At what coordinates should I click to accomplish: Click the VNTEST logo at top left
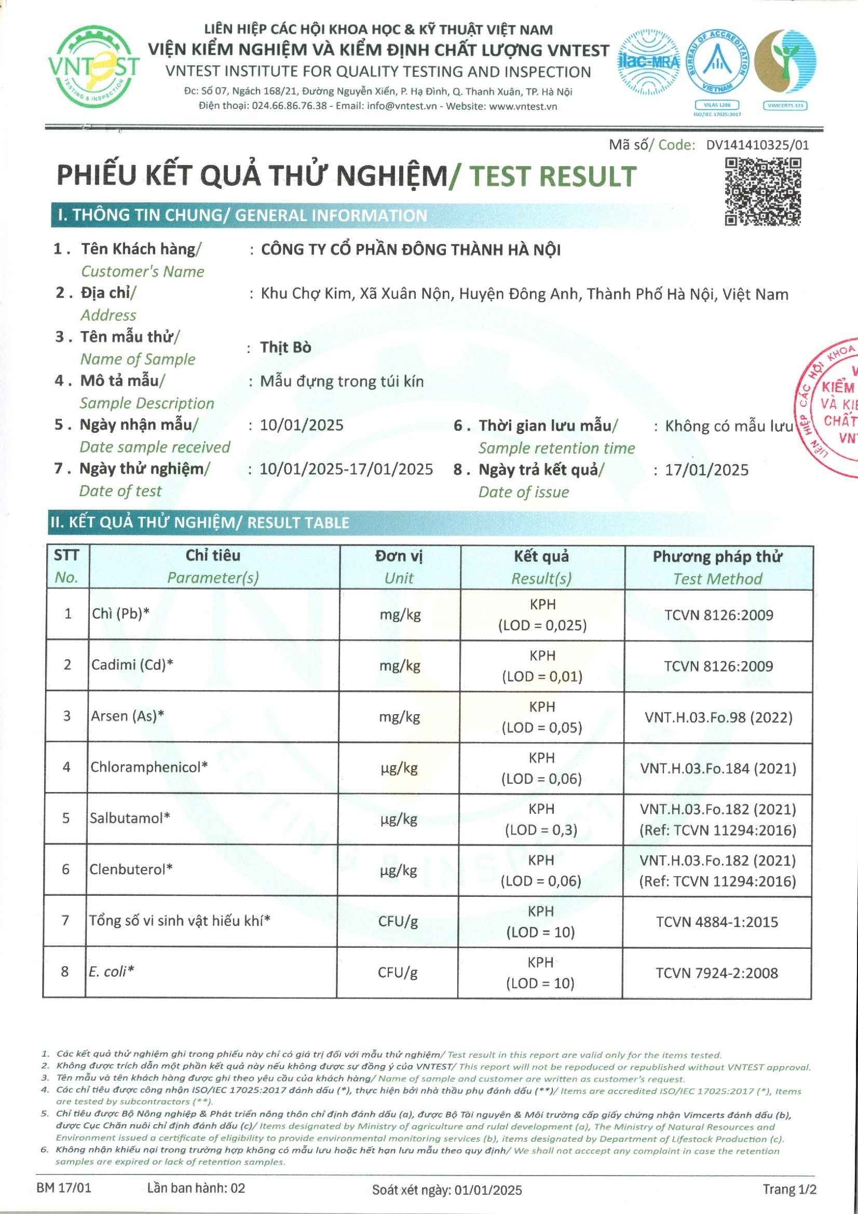pyautogui.click(x=93, y=67)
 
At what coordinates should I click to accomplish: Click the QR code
pyautogui.click(x=763, y=191)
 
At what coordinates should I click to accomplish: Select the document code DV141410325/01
pyautogui.click(x=757, y=145)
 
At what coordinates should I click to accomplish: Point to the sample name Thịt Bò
pyautogui.click(x=285, y=347)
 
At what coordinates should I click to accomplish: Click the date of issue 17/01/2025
pyautogui.click(x=706, y=470)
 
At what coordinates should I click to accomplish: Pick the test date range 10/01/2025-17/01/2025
pyautogui.click(x=346, y=469)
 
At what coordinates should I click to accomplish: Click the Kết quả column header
pyautogui.click(x=542, y=567)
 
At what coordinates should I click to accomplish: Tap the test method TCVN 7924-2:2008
pyautogui.click(x=717, y=973)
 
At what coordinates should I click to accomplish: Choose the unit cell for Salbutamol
pyautogui.click(x=399, y=819)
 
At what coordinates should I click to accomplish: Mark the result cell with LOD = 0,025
pyautogui.click(x=542, y=615)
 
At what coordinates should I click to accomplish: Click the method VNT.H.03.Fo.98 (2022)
pyautogui.click(x=718, y=717)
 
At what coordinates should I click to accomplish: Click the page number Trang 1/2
pyautogui.click(x=789, y=1189)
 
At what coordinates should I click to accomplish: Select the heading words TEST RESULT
pyautogui.click(x=552, y=176)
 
